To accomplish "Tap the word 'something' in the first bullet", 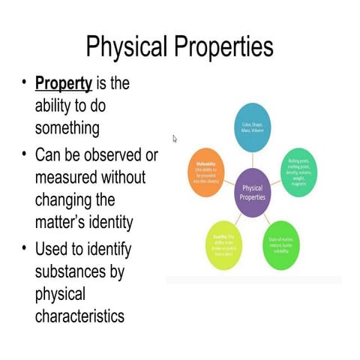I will point(67,127).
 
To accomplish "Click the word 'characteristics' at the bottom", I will point(79,316).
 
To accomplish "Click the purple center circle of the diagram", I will point(252,193).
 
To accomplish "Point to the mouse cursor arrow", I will point(175,138).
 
